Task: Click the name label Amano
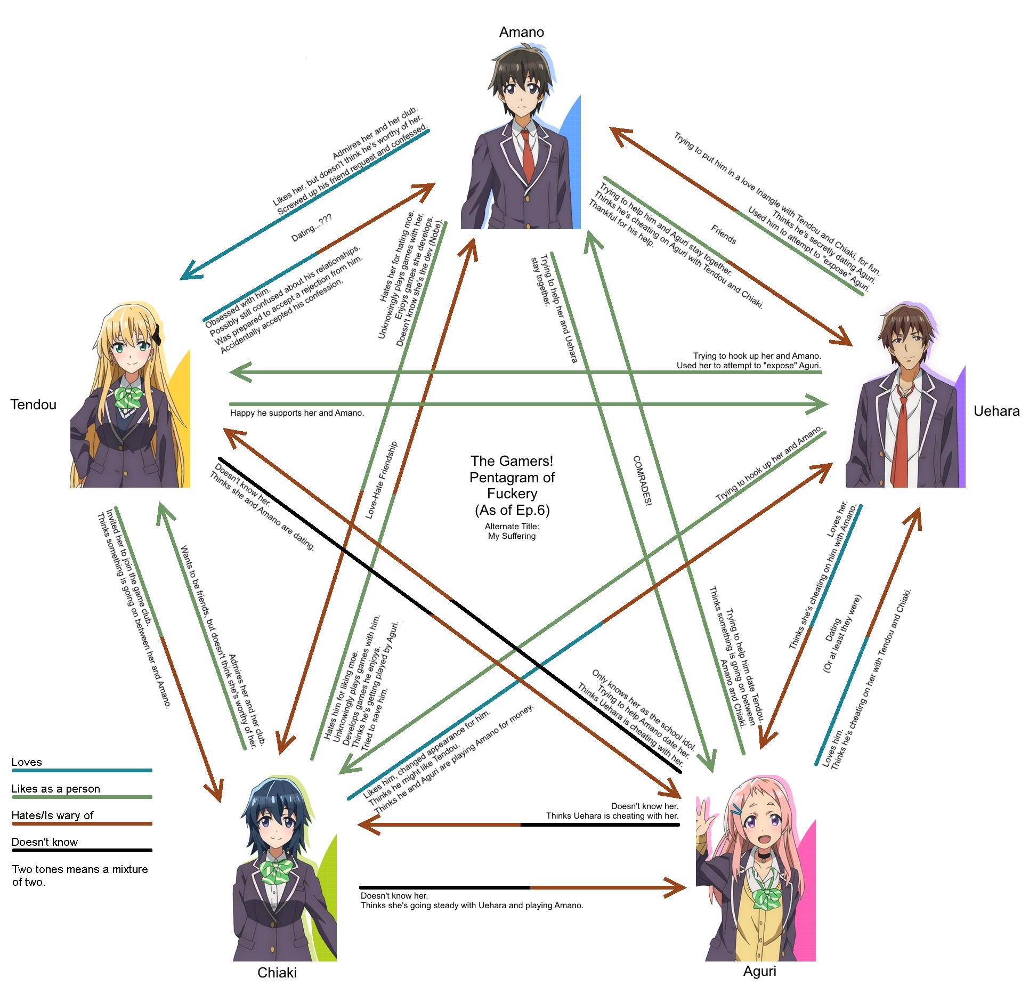coord(521,32)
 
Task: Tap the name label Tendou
coord(33,405)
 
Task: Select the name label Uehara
coord(996,411)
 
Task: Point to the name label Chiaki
coord(277,973)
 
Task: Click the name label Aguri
coord(759,971)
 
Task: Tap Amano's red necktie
coord(528,155)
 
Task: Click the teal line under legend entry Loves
coord(82,770)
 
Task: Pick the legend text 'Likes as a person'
coord(55,789)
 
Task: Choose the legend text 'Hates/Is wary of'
coord(52,815)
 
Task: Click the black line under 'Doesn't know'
coord(82,850)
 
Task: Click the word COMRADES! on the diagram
coord(643,480)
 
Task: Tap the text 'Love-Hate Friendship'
coord(381,480)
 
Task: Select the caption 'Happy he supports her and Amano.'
coord(297,413)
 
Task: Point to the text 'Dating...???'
coord(311,228)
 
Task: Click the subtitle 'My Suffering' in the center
coord(512,536)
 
